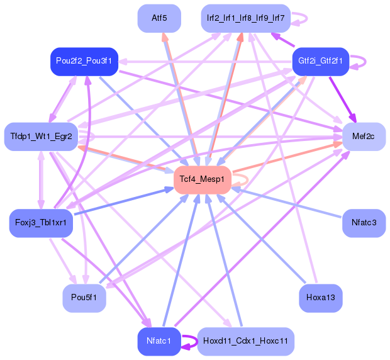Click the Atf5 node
pyautogui.click(x=159, y=18)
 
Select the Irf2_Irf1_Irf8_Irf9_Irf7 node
pyautogui.click(x=245, y=18)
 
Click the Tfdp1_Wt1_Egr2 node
pyautogui.click(x=42, y=136)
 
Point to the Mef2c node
pyautogui.click(x=363, y=136)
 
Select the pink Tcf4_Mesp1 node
pyautogui.click(x=202, y=179)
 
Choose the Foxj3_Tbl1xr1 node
pyautogui.click(x=42, y=223)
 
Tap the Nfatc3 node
pyautogui.click(x=363, y=223)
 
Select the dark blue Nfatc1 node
pyautogui.click(x=159, y=341)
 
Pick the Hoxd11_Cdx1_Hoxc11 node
pyautogui.click(x=245, y=341)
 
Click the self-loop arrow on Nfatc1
pyautogui.click(x=189, y=341)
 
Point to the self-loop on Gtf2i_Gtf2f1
pyautogui.click(x=359, y=61)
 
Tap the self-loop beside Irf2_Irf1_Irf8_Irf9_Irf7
pyautogui.click(x=301, y=18)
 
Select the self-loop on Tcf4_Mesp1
pyautogui.click(x=242, y=179)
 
